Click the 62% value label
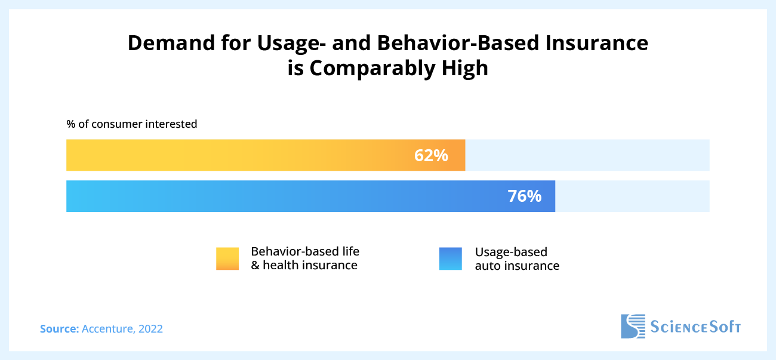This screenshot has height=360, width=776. click(x=430, y=156)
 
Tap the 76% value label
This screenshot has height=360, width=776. click(x=524, y=196)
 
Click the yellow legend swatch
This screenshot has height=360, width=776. click(x=227, y=259)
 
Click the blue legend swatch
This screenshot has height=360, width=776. click(x=451, y=259)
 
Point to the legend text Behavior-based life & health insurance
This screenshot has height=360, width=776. click(x=304, y=259)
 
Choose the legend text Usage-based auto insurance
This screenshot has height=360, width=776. click(x=516, y=259)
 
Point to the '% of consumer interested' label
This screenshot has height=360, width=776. click(x=131, y=124)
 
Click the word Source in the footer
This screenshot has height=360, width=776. click(x=58, y=328)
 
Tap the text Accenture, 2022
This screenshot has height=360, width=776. click(x=122, y=328)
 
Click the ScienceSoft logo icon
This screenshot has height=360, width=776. click(x=633, y=326)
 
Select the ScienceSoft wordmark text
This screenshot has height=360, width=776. click(x=695, y=327)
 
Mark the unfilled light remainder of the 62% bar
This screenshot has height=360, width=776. click(x=587, y=155)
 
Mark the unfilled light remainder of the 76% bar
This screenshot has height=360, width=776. click(x=632, y=196)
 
